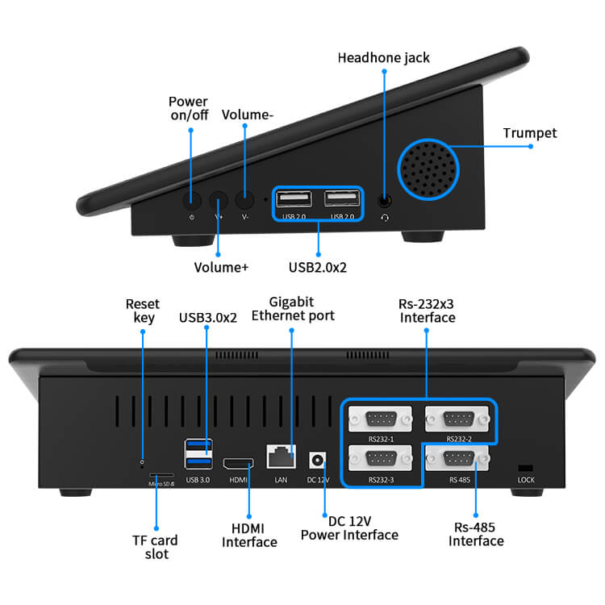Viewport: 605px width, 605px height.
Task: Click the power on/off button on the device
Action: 192,201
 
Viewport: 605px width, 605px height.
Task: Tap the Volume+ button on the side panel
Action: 219,201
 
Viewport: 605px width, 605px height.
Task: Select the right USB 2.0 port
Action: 342,199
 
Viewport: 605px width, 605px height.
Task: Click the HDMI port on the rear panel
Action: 238,464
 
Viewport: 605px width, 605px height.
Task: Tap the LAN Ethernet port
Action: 281,457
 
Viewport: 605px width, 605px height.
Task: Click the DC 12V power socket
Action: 318,460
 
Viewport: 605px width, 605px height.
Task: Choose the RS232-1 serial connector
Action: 379,419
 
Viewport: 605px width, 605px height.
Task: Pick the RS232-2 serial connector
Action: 458,419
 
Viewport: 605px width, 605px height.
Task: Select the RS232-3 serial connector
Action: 379,460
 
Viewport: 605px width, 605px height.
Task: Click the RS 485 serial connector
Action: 458,460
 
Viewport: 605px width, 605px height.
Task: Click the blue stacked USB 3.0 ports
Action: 198,453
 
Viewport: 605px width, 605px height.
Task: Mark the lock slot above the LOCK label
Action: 525,468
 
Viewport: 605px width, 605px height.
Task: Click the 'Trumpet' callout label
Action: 529,133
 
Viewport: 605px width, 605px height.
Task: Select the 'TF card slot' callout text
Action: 155,547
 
